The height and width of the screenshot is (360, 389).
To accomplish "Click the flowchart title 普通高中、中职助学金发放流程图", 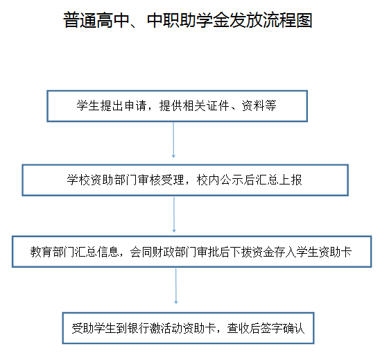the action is click(x=187, y=20).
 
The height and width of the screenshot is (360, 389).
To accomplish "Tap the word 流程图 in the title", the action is click(x=287, y=20).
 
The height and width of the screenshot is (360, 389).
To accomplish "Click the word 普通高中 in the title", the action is click(x=96, y=20).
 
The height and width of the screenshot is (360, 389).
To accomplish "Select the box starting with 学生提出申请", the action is click(x=177, y=106).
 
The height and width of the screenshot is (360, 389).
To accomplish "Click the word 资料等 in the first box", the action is click(x=259, y=105).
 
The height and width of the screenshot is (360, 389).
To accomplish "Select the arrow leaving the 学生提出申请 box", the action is click(x=173, y=139).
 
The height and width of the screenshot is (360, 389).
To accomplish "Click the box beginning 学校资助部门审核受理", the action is click(x=185, y=180).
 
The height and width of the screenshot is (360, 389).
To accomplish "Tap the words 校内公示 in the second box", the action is click(x=220, y=180).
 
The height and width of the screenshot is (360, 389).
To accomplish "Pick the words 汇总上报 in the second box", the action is click(x=279, y=180).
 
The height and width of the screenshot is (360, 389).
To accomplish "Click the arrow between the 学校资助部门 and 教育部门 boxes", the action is click(x=174, y=214).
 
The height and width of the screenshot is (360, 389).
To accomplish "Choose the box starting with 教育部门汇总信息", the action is click(x=192, y=252).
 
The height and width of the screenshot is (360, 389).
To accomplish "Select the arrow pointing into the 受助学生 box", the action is click(x=176, y=286).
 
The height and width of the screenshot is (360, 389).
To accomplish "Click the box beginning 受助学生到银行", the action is click(x=189, y=328).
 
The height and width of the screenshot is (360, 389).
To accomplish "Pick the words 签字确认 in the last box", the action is click(x=282, y=328).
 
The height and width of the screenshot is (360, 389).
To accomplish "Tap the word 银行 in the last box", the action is click(x=139, y=328).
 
